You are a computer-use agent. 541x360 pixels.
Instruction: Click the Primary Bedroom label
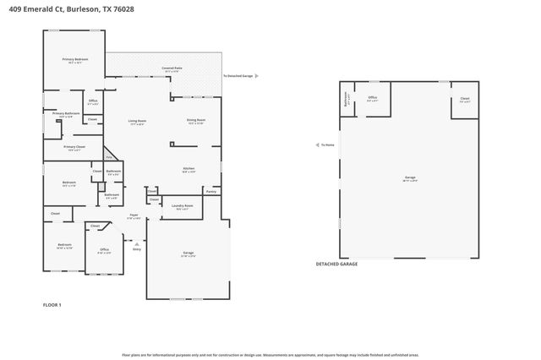75,59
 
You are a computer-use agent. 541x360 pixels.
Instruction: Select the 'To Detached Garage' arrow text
238,75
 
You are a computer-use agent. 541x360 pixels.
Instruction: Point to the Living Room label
138,121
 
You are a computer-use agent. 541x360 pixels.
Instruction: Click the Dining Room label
196,121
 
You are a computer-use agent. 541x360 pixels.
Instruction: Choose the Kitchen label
189,169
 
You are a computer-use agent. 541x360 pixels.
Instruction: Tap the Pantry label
211,192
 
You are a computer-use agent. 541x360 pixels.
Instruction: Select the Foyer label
134,215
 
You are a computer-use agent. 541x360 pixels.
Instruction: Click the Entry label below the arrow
137,248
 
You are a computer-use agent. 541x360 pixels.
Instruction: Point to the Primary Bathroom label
66,113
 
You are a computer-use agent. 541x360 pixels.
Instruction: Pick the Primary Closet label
74,147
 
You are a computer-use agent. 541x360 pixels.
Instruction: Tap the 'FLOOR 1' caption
52,304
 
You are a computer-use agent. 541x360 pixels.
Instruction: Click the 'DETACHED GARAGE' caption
336,264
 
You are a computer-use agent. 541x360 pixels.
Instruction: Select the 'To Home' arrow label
327,145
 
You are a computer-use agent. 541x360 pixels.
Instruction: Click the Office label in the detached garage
372,98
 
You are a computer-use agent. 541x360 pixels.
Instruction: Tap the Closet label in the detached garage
465,98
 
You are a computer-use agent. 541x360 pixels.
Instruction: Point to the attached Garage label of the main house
189,254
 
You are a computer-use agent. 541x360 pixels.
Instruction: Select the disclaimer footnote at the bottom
270,354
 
